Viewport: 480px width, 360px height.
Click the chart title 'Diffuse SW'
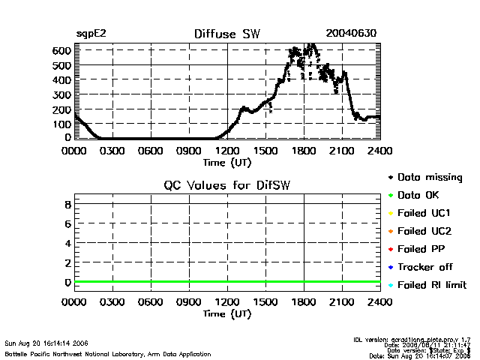226,34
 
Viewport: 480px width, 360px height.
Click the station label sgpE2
90,34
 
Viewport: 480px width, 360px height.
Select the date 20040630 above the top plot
351,34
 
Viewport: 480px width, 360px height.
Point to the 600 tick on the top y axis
62,50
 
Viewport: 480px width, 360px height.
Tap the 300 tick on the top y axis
62,94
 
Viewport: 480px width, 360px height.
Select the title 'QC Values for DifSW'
227,186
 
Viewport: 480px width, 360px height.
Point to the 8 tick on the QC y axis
67,204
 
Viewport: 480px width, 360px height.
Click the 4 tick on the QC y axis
67,243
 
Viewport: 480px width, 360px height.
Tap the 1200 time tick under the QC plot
227,303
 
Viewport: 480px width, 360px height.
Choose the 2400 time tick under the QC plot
380,303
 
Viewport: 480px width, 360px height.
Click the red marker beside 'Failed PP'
391,249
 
